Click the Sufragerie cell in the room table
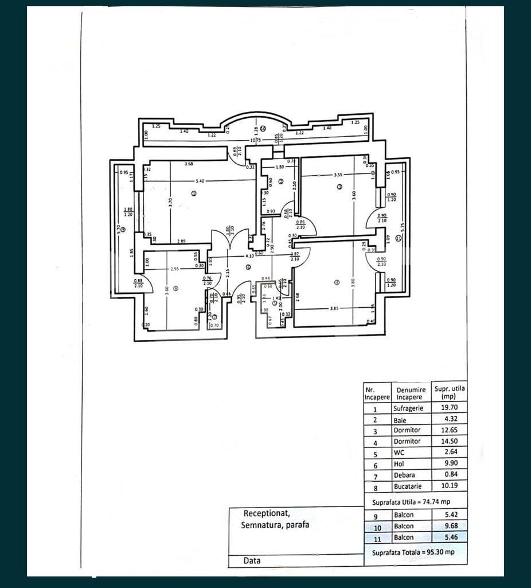[408, 408]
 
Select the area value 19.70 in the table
[449, 408]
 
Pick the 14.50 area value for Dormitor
[449, 442]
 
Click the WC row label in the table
[399, 452]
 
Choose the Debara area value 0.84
[450, 475]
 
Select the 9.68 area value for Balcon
[449, 526]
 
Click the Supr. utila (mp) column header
[450, 392]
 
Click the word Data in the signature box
[252, 560]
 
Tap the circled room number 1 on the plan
[194, 194]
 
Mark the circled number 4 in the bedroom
[337, 282]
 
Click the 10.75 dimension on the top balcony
[255, 140]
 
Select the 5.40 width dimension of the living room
[199, 181]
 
